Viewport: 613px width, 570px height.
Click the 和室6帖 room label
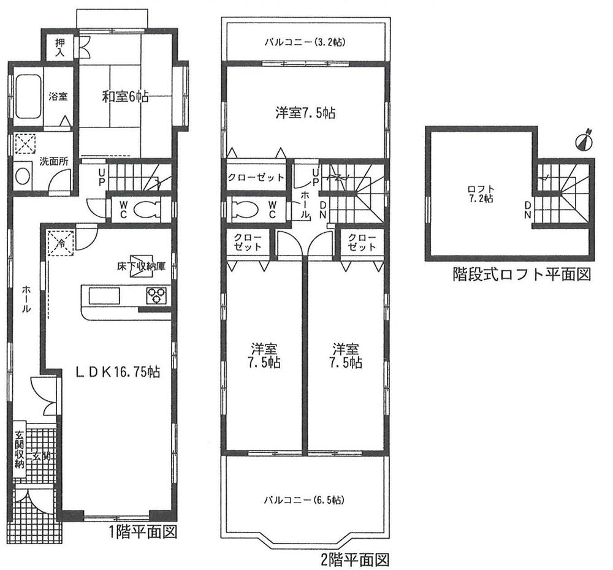(125, 96)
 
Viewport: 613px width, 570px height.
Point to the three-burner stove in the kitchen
(157, 296)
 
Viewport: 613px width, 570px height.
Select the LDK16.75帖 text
(118, 372)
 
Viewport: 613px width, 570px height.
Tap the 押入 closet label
(59, 48)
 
